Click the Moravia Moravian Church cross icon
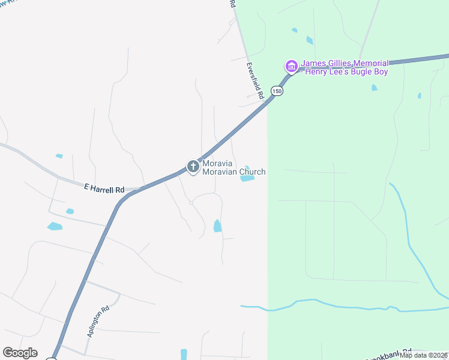[193, 167]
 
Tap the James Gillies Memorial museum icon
[291, 65]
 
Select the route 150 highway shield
[276, 91]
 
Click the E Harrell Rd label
[104, 189]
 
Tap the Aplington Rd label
[97, 322]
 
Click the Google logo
[20, 353]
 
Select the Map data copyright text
[424, 355]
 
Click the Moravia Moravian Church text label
[234, 167]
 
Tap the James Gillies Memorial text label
[345, 63]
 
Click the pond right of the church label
[248, 178]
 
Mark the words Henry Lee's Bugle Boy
[346, 72]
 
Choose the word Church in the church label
[253, 172]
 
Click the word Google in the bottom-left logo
[20, 353]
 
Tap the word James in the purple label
[313, 63]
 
